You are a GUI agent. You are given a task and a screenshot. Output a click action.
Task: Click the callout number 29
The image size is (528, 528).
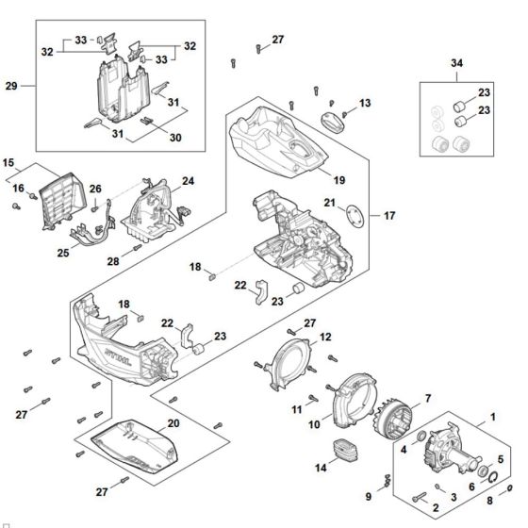(x=11, y=86)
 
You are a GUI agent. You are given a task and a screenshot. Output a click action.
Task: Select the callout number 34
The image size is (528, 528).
(x=458, y=63)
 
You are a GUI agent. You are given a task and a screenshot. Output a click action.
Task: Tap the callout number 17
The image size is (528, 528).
(x=388, y=215)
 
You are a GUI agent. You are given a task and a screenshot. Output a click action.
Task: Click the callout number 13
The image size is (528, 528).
(x=365, y=102)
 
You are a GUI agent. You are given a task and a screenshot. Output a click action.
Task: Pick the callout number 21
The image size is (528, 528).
(x=329, y=202)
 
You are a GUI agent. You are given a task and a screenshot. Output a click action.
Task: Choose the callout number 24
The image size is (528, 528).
(x=189, y=180)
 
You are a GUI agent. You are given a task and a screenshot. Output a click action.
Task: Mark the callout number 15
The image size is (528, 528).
(x=9, y=161)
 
